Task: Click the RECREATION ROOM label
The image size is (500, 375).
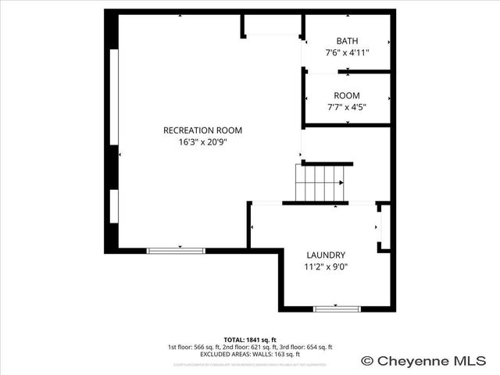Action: click(202, 130)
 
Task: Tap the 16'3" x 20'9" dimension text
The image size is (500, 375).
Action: click(202, 142)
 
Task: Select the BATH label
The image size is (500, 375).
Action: click(347, 41)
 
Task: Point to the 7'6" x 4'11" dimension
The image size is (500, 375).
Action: click(347, 52)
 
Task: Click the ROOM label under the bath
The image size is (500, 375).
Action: click(347, 95)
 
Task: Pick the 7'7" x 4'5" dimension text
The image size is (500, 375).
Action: click(347, 107)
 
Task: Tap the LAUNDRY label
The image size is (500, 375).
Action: click(326, 255)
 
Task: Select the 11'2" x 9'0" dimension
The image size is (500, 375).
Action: click(326, 266)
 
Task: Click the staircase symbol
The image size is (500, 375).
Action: click(320, 183)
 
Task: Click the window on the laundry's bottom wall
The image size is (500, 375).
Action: click(337, 309)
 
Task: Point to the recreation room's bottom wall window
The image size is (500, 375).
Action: click(176, 250)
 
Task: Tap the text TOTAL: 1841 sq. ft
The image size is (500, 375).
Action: click(249, 339)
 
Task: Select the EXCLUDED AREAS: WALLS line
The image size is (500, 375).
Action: click(250, 354)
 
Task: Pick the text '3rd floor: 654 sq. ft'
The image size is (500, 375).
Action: click(304, 347)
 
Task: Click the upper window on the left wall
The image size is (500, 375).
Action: click(114, 97)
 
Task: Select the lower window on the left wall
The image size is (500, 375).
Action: click(114, 205)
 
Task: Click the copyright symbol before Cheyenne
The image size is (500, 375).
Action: click(367, 361)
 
